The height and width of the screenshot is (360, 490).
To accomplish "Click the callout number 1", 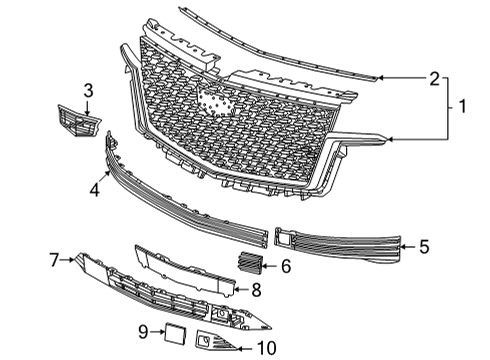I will [x=463, y=103].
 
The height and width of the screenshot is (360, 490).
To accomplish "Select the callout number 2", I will [x=434, y=78].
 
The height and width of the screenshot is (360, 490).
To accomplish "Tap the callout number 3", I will [x=88, y=91].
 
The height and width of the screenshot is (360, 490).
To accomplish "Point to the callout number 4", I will [x=93, y=187].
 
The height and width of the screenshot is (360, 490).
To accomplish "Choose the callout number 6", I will [x=285, y=267].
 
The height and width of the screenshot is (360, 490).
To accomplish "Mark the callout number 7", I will [x=54, y=260].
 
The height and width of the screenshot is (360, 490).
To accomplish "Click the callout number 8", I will [x=256, y=290].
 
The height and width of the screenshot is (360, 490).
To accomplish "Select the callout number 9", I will [x=143, y=330].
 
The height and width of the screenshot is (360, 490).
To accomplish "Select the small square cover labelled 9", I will [x=176, y=333].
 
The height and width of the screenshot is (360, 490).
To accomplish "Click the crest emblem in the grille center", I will [x=212, y=100].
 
